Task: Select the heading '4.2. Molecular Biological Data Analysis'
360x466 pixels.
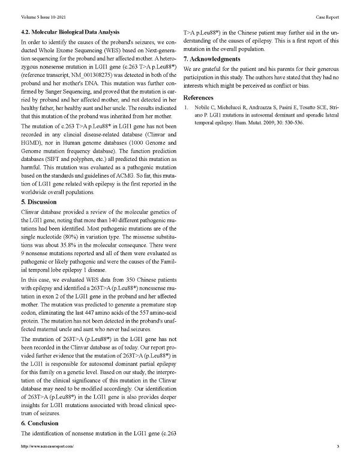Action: (74, 31)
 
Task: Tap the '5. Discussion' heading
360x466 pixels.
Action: (40, 203)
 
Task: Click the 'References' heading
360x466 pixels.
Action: (198, 97)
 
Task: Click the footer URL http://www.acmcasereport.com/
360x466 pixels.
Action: (47, 447)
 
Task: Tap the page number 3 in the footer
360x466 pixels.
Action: (338, 447)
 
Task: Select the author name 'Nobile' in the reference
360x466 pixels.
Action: (201, 108)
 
